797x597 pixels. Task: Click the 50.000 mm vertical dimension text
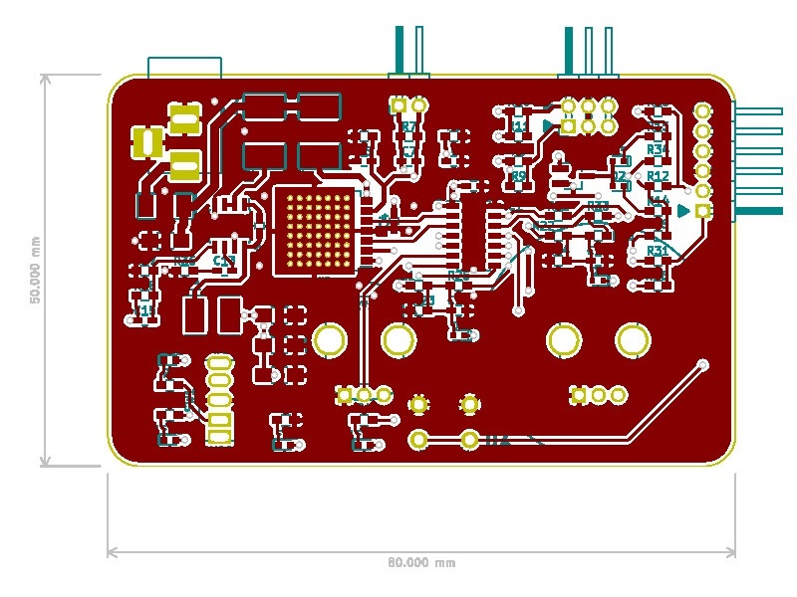pyautogui.click(x=36, y=270)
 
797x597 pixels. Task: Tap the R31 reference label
pyautogui.click(x=657, y=250)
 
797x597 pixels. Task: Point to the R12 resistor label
pyautogui.click(x=657, y=176)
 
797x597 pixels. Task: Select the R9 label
pyautogui.click(x=518, y=176)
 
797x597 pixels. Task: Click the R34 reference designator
pyautogui.click(x=657, y=148)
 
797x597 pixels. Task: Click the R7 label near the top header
pyautogui.click(x=408, y=127)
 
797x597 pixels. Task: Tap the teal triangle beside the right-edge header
pyautogui.click(x=683, y=210)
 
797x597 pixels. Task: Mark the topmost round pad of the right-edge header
pyautogui.click(x=703, y=110)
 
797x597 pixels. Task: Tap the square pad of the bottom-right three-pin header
pyautogui.click(x=578, y=395)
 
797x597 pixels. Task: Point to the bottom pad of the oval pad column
pyautogui.click(x=218, y=436)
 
